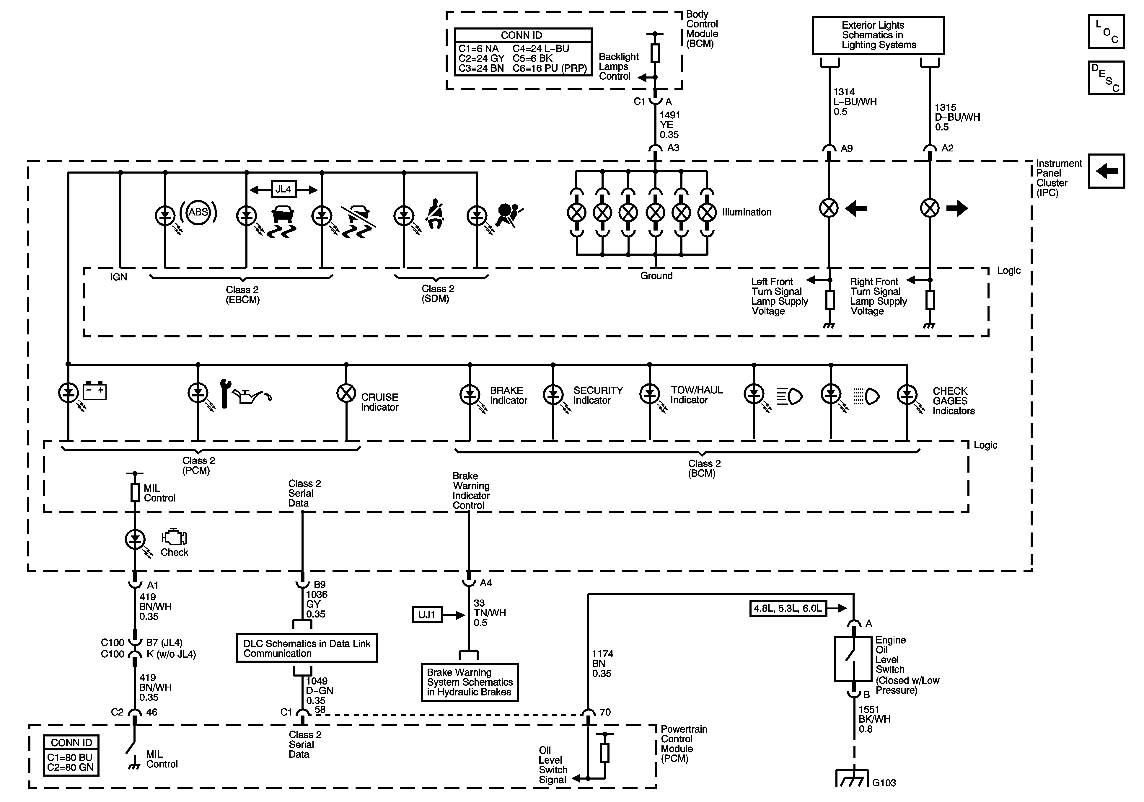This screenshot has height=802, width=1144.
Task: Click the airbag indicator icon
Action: [x=509, y=216]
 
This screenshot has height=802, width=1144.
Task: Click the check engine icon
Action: [x=174, y=538]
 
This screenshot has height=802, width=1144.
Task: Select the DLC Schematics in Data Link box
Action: [x=307, y=648]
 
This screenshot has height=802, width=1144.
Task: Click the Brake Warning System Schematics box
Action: [x=470, y=682]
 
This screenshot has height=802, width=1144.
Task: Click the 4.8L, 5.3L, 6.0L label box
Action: [x=788, y=608]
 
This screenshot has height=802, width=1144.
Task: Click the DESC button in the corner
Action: [x=1106, y=78]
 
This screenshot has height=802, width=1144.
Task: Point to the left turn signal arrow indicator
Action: [x=856, y=208]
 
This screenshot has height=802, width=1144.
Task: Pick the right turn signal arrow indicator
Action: [x=957, y=208]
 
